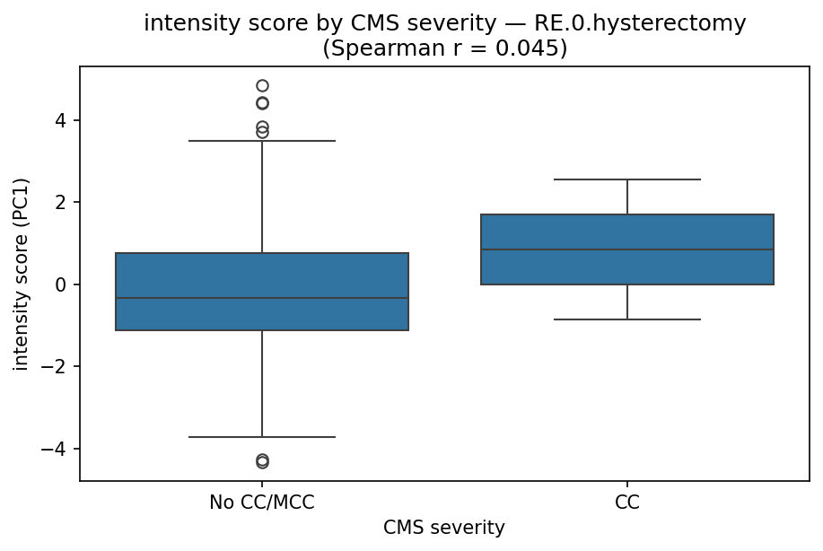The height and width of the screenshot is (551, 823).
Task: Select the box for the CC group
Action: tap(626, 233)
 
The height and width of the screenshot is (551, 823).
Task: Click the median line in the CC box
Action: tap(626, 249)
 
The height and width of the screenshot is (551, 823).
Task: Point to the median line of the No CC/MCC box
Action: tap(262, 298)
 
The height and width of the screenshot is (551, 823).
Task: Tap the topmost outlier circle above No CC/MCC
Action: tap(262, 86)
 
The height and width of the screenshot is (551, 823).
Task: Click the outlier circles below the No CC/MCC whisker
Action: tap(262, 461)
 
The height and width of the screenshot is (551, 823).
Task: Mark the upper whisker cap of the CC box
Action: tap(626, 179)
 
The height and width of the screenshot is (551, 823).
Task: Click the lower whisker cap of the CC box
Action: tap(626, 319)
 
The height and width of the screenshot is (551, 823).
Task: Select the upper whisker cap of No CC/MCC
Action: tap(262, 141)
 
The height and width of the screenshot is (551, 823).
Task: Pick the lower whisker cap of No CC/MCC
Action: tap(262, 437)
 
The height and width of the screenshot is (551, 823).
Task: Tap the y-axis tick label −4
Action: tap(57, 449)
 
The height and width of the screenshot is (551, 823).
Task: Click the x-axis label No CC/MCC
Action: tap(262, 503)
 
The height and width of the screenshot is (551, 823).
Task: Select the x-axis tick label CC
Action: tap(626, 503)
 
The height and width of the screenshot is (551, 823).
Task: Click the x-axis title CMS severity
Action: tap(444, 529)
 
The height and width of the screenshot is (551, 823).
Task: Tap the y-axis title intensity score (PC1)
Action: tap(22, 273)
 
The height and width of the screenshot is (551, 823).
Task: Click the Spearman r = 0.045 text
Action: tap(444, 48)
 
